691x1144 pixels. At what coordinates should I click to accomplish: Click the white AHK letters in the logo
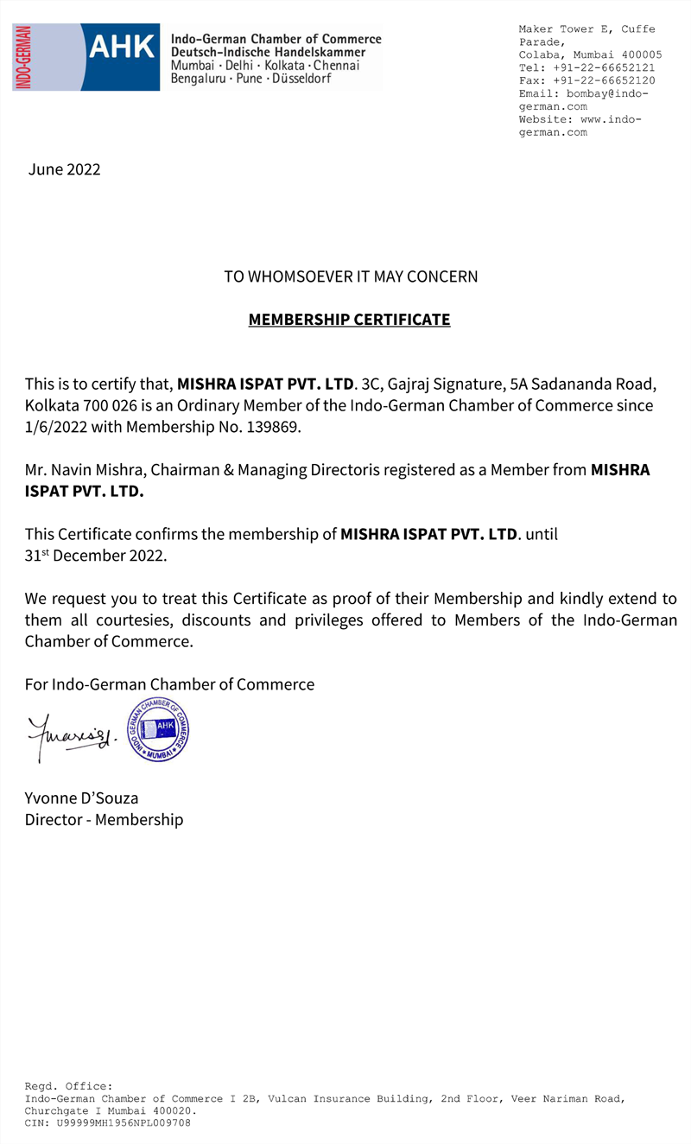click(122, 47)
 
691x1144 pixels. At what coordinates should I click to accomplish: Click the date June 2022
click(65, 169)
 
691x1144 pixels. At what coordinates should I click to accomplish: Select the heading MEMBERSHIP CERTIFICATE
click(349, 320)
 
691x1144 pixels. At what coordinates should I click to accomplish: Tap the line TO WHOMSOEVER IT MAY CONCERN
click(351, 277)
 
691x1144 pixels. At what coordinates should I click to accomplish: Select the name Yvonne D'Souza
click(82, 798)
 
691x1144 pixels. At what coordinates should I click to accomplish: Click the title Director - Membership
click(104, 819)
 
